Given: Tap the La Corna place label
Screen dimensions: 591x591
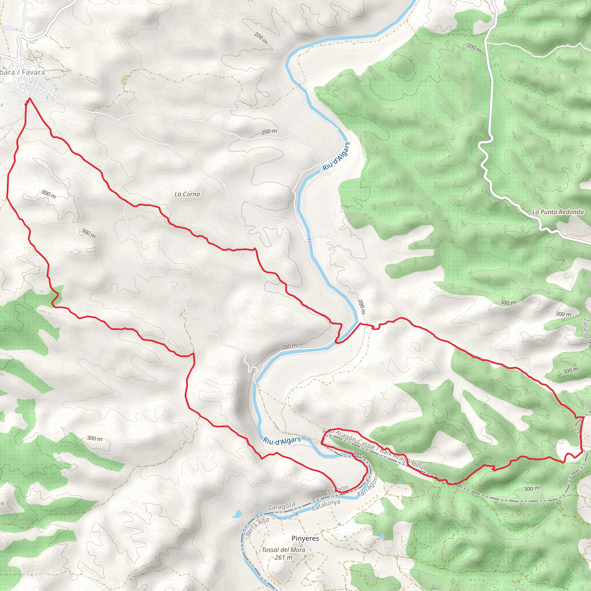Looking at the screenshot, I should (187, 194).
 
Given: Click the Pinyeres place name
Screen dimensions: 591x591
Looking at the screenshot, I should (305, 538).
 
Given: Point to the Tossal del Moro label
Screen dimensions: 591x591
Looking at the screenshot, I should (283, 550).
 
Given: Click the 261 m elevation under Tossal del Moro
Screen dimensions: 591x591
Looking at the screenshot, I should (283, 557).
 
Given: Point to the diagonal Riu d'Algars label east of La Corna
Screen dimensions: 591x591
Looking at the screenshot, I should (336, 156).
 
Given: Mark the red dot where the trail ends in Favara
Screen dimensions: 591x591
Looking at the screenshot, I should (26, 105).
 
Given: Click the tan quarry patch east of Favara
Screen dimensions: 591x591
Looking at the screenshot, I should (125, 80).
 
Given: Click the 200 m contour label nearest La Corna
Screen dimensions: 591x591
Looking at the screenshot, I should (269, 132).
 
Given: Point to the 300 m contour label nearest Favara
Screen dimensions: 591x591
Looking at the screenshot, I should (48, 194).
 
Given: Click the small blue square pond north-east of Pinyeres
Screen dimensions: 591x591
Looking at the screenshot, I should (340, 524).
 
